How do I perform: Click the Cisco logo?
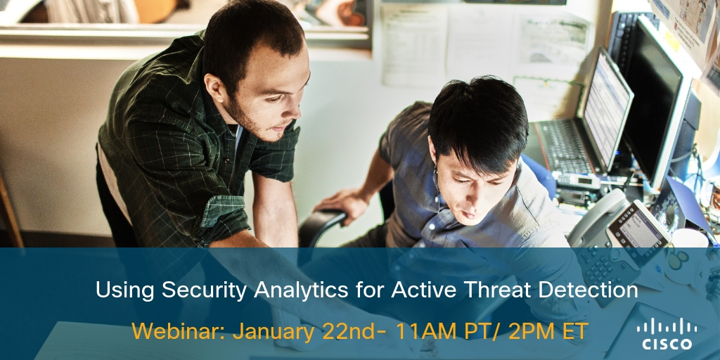click(667, 333)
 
